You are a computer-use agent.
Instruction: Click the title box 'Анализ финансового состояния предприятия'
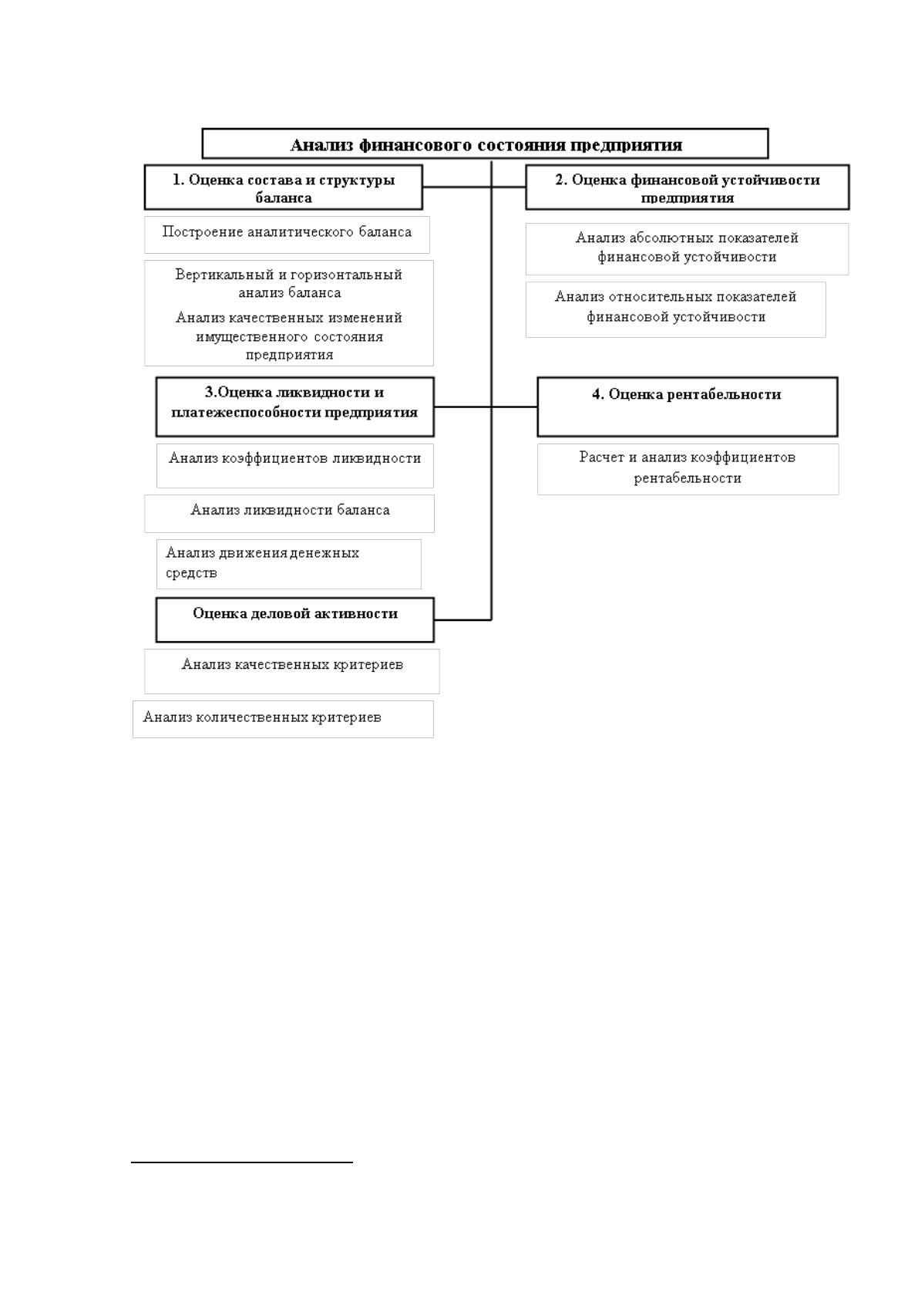pos(485,143)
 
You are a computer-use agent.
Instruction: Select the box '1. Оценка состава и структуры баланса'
pos(284,187)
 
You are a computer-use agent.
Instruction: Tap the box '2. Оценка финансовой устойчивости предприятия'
pos(688,187)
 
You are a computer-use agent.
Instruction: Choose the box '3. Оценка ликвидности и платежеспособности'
pos(295,407)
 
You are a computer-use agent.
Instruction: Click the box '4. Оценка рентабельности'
pos(688,407)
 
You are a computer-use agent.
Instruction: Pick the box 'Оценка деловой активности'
pos(295,620)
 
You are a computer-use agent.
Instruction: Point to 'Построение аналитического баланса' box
pos(287,234)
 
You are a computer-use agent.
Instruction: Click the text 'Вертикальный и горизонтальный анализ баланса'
pos(288,284)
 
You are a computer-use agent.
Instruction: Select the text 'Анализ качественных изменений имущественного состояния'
pos(288,336)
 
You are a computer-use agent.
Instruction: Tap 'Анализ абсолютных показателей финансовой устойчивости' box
pos(687,249)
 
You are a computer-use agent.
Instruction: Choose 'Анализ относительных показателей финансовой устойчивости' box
pos(676,309)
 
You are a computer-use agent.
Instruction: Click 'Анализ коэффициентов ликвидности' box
pos(295,466)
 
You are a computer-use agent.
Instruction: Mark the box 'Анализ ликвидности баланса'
pos(289,513)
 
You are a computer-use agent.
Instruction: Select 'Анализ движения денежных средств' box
pos(288,564)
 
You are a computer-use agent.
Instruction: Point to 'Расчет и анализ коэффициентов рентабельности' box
pos(688,469)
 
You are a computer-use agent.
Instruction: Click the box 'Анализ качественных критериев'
pos(292,671)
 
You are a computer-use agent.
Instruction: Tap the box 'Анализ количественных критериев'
pos(283,719)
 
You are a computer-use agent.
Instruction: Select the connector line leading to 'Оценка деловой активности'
pos(463,620)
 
